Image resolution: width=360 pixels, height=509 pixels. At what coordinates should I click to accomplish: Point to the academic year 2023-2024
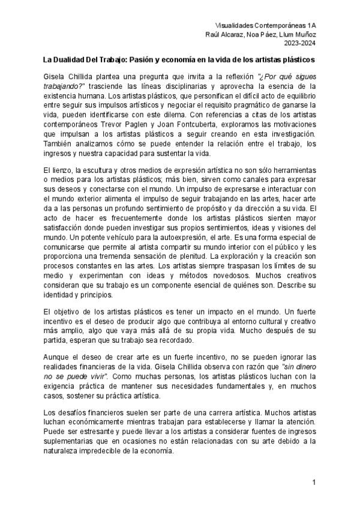(x=301, y=43)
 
